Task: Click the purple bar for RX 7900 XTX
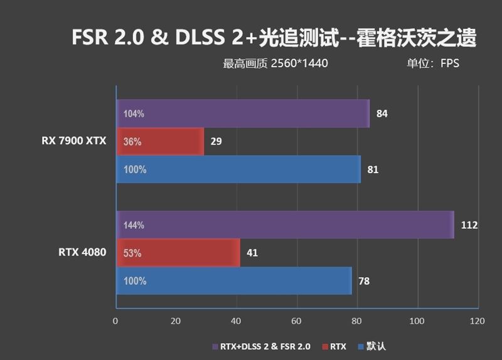pos(242,114)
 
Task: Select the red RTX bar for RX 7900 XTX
pos(160,142)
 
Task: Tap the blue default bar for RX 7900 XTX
pos(238,169)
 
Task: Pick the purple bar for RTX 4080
pos(284,225)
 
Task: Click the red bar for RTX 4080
pos(178,253)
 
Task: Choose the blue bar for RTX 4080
pos(233,280)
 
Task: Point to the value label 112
pos(469,225)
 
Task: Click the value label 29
pos(216,142)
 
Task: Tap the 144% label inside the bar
pos(134,225)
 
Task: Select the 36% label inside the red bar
pos(132,142)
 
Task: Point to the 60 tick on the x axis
pos(297,321)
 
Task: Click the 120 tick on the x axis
pos(477,321)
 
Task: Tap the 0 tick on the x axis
pos(115,321)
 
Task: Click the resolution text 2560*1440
pos(300,63)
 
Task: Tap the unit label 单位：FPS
pos(433,63)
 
